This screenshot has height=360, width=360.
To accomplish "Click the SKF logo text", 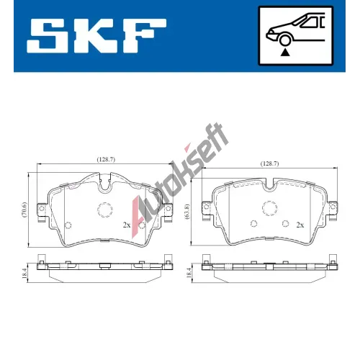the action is [96, 36].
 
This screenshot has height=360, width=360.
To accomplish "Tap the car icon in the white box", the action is [295, 30].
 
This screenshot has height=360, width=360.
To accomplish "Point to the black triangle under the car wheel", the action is [285, 52].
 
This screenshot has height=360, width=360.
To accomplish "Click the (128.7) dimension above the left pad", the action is [106, 159].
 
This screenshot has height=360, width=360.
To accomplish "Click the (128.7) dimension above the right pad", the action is [269, 163].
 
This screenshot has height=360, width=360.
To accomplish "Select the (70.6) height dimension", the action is [24, 210].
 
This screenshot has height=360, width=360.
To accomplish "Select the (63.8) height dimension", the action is [187, 212].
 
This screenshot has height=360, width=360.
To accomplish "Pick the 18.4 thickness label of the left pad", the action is [24, 273].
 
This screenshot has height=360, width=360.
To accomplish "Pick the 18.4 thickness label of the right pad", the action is [189, 273].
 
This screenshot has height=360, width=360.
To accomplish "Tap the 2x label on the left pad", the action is [127, 225].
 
